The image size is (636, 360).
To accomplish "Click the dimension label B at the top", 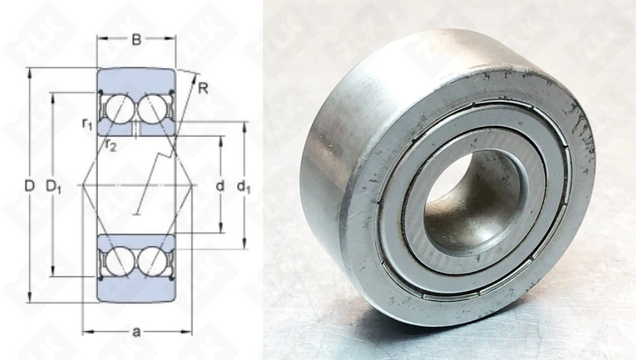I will coord(135,40).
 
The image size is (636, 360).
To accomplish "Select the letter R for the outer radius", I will coord(202,88).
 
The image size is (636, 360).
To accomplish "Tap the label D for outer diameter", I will coord(29,186).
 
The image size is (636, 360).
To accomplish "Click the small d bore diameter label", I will coord(220,186).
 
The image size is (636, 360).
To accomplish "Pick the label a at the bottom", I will coord(135,333).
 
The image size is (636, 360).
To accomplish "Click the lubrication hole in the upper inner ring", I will coord(135,128).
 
